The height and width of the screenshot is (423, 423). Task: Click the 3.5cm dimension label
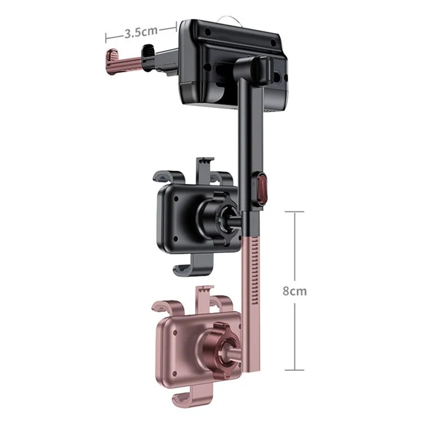(x=141, y=31)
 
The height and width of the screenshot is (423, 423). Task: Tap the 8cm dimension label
(x=294, y=291)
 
